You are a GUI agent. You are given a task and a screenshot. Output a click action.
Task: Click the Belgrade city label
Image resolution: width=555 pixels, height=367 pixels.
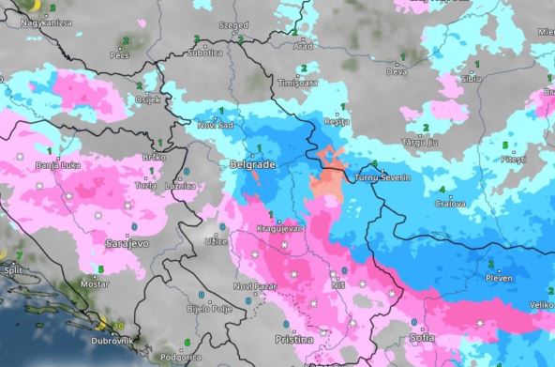[x=253, y=165]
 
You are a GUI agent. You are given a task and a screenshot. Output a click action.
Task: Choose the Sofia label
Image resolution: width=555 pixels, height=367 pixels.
[x=423, y=336]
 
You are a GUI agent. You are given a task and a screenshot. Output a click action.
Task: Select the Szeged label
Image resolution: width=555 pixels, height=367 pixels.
[x=234, y=25]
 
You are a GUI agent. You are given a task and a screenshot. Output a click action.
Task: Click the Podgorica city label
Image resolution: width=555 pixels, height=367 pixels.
[x=181, y=357]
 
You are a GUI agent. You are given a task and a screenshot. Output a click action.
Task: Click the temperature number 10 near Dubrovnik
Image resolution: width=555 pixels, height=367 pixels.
[x=118, y=327]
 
